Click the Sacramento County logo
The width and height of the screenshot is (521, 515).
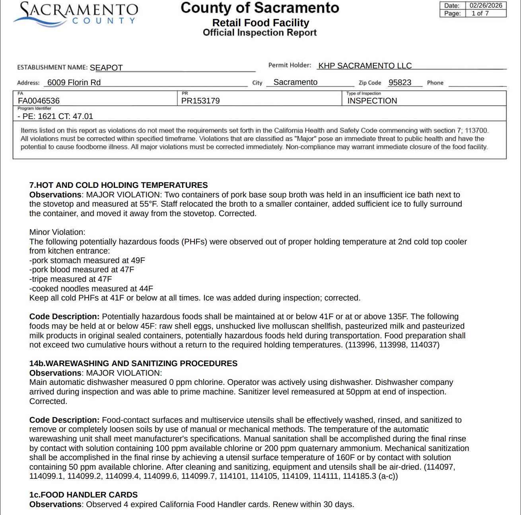pos(76,14)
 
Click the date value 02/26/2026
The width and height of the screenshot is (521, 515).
pos(486,6)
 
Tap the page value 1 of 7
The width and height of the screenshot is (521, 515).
pos(480,13)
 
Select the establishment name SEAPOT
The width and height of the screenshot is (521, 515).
pos(106,68)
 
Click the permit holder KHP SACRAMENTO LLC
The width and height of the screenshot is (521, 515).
pos(365,66)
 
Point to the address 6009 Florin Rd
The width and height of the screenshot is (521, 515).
pos(74,82)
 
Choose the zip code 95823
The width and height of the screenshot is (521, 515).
pos(400,82)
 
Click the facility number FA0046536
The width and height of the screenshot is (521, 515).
pos(39,101)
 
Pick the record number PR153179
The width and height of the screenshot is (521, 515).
pos(200,101)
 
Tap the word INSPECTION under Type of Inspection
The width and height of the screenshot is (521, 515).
pos(372,101)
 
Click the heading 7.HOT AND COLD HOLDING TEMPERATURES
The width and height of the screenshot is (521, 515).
pos(119,185)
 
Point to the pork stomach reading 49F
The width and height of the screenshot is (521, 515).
pos(138,260)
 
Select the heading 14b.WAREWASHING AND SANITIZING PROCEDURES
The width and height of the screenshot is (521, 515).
pos(133,363)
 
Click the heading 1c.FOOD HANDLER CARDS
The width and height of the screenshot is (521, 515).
pos(84,495)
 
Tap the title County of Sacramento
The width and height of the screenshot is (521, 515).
pos(260,8)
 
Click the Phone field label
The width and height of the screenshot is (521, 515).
pos(435,83)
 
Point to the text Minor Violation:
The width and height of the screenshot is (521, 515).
pos(57,232)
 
